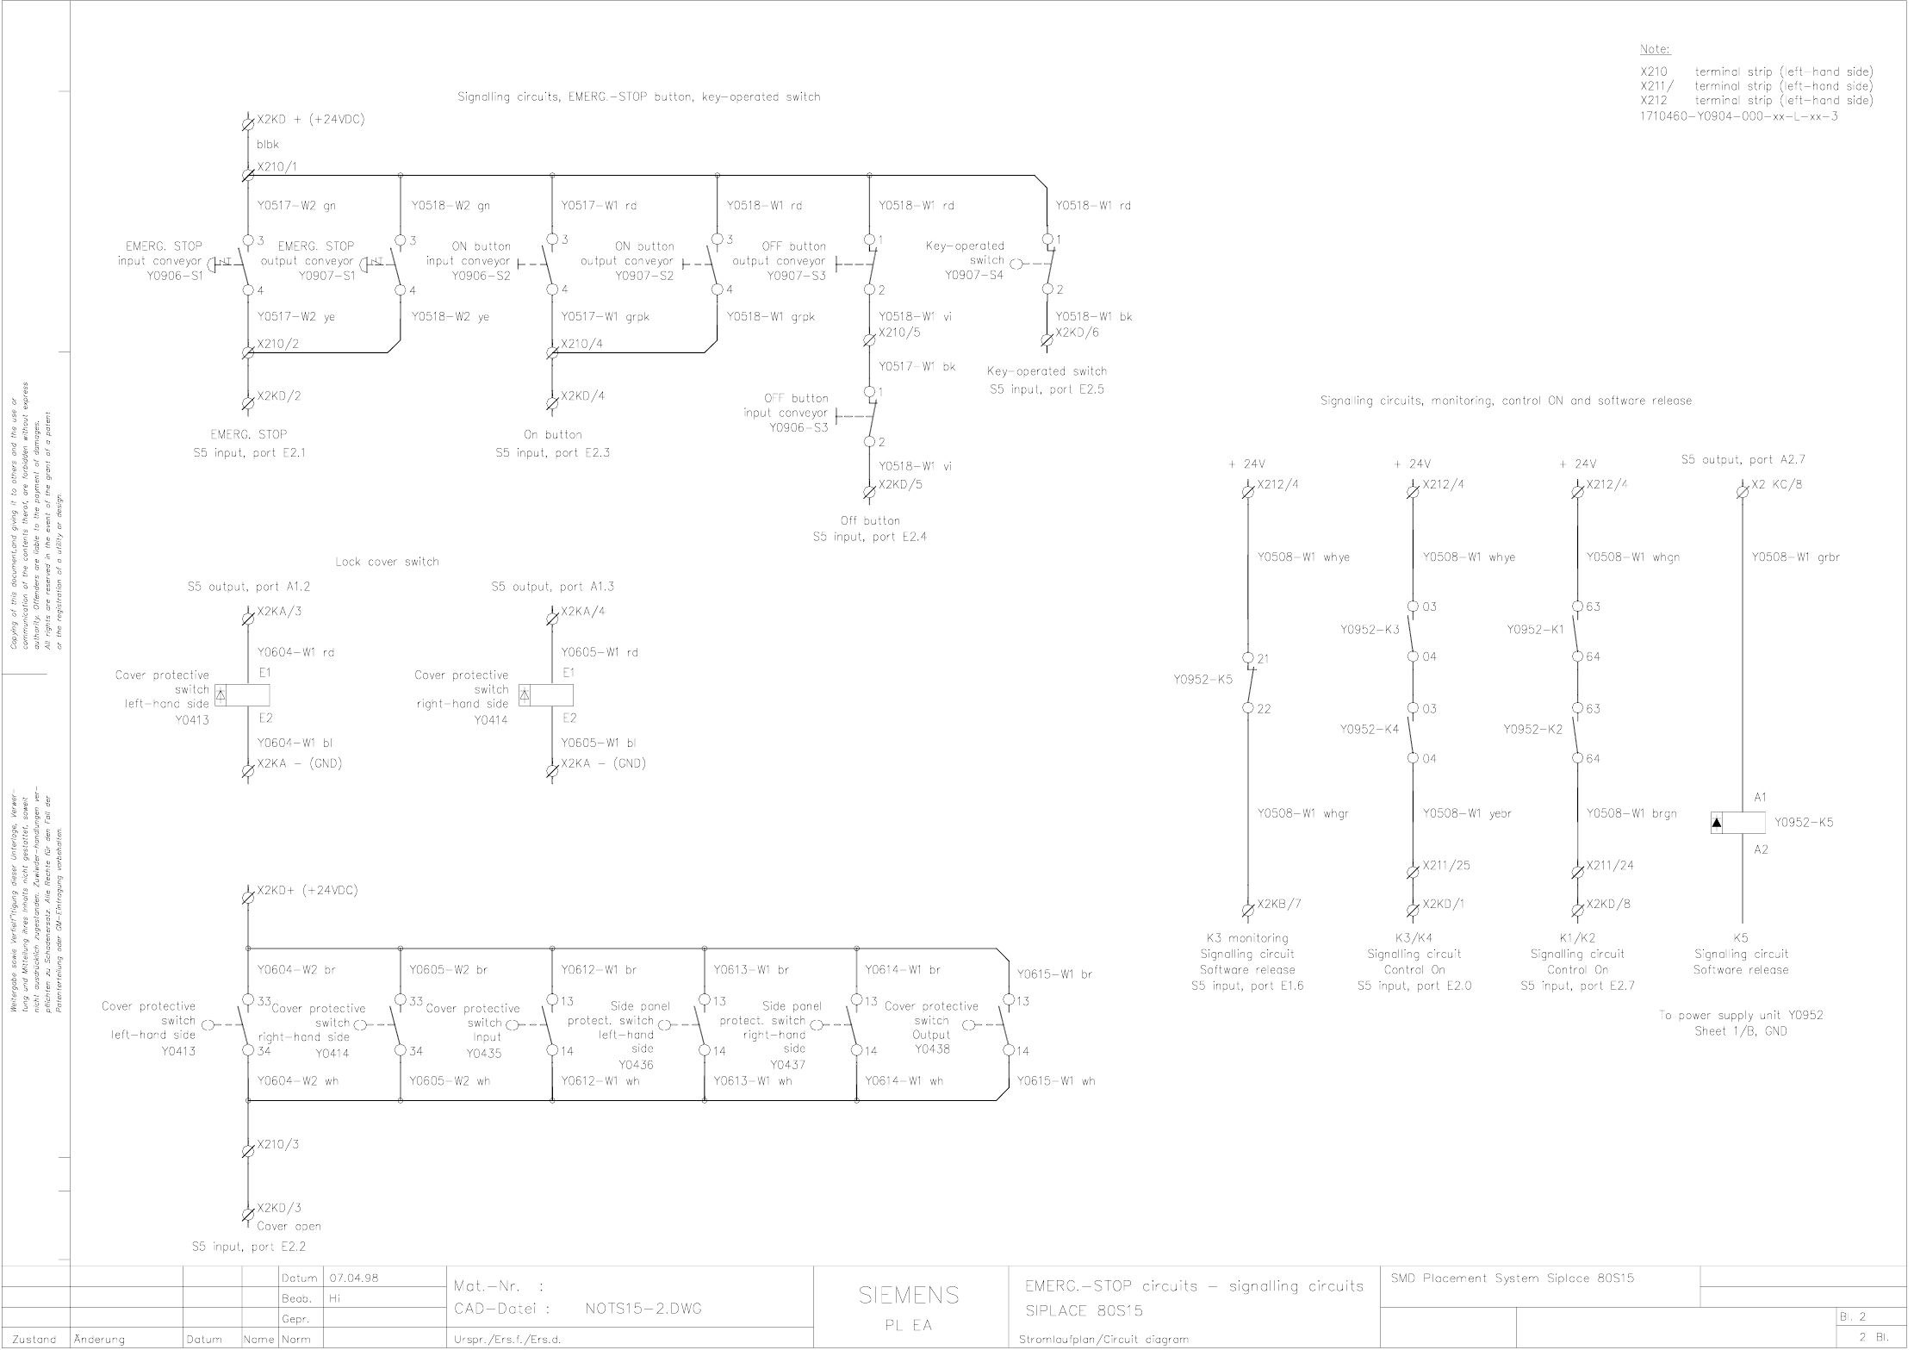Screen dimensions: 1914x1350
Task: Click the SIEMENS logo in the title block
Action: click(x=909, y=1295)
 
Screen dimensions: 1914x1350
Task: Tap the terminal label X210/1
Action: click(x=277, y=166)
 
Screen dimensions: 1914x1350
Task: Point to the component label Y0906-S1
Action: click(x=175, y=277)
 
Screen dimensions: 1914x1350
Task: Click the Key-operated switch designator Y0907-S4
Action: click(x=973, y=276)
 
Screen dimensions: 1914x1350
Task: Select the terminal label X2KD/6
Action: click(x=1077, y=333)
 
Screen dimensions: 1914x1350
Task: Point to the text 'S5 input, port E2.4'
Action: click(x=869, y=537)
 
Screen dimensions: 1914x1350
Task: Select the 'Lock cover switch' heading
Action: click(x=387, y=562)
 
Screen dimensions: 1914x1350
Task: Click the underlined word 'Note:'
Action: click(x=1655, y=49)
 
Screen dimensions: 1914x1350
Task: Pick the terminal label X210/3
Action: click(x=277, y=1144)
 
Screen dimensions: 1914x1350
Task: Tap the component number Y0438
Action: click(x=932, y=1049)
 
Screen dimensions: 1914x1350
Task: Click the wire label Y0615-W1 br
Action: click(x=1054, y=974)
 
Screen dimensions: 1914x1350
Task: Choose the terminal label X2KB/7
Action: click(x=1279, y=904)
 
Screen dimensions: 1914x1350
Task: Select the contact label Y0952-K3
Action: click(x=1370, y=630)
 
